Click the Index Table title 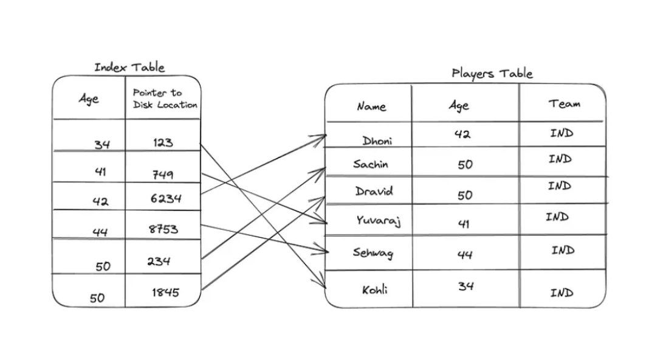click(129, 67)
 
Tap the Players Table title click(492, 74)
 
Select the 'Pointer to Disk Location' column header click(165, 99)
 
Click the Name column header click(371, 106)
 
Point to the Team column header click(565, 104)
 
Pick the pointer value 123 click(163, 143)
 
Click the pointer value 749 click(162, 175)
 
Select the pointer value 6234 click(166, 199)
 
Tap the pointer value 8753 click(163, 229)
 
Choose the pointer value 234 click(159, 261)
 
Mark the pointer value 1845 click(165, 292)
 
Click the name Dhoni click(377, 141)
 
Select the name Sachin click(370, 164)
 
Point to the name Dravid click(374, 191)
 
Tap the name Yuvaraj click(378, 220)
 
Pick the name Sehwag click(373, 252)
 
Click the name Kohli click(375, 290)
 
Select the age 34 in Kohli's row click(465, 286)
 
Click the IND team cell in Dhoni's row click(561, 133)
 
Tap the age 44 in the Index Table click(100, 232)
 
